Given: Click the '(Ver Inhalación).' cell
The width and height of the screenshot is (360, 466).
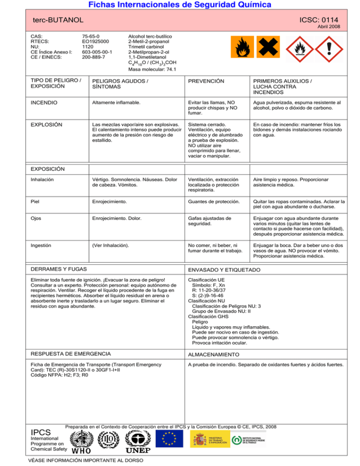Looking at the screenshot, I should point(112,245).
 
